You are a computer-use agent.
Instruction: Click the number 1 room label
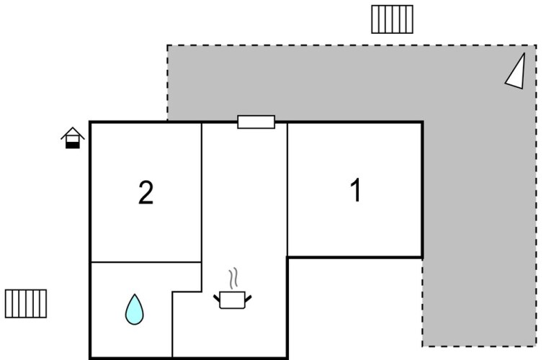click(355, 192)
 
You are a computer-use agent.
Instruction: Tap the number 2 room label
click(146, 193)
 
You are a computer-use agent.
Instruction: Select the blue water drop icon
click(134, 309)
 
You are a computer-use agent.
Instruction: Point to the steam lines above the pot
click(232, 278)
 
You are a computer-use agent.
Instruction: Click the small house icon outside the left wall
click(71, 138)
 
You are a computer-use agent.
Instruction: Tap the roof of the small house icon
click(71, 132)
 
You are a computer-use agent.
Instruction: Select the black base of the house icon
click(71, 144)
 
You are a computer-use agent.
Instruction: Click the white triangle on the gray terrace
click(516, 72)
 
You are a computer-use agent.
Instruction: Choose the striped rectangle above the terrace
click(392, 19)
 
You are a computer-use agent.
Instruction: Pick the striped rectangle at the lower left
click(26, 303)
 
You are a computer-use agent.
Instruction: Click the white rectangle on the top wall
click(256, 122)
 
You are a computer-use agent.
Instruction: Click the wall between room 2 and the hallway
click(201, 192)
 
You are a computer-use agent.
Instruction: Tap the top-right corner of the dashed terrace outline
click(536, 46)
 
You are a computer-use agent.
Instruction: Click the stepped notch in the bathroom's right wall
click(187, 291)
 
